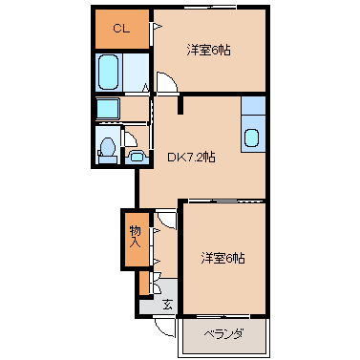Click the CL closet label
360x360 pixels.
(x=121, y=29)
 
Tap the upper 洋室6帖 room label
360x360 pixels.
(x=208, y=51)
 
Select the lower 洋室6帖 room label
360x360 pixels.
(x=222, y=258)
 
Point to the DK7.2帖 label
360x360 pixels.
(x=191, y=157)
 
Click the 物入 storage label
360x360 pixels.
(x=135, y=236)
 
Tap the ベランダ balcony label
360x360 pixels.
(x=223, y=334)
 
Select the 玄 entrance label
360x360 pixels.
(x=167, y=305)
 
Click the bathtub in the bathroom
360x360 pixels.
(x=109, y=73)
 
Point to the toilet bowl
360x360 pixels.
(x=107, y=148)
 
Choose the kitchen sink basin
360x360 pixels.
(x=253, y=138)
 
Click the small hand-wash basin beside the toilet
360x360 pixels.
(x=137, y=157)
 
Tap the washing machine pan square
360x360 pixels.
(x=108, y=108)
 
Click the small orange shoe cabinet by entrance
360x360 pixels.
(x=144, y=283)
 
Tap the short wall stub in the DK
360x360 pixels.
(x=180, y=104)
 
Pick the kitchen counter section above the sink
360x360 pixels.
(x=253, y=106)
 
